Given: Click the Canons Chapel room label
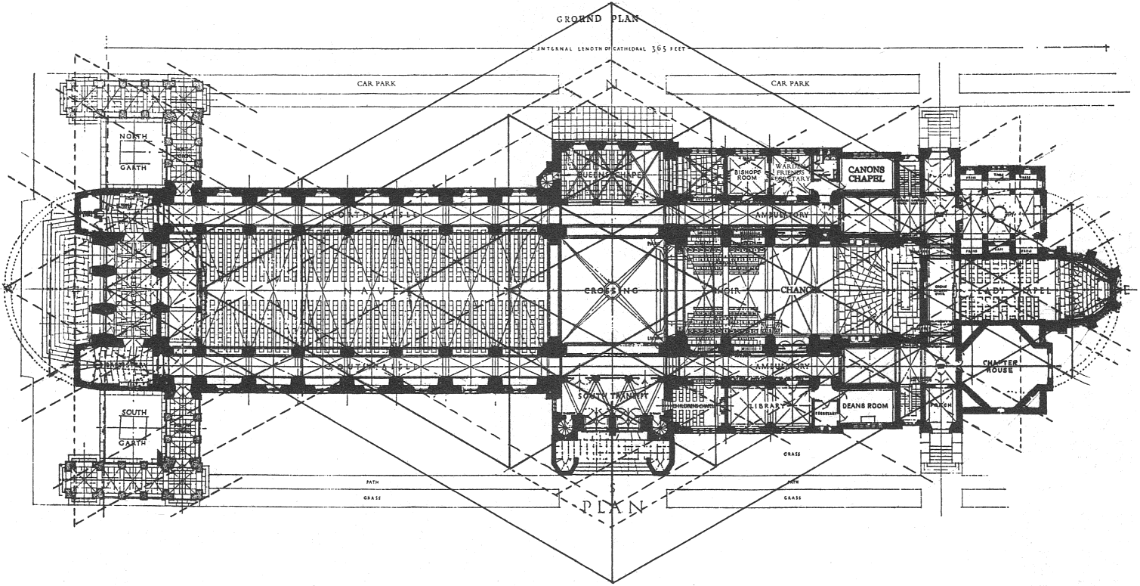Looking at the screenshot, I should pyautogui.click(x=865, y=173).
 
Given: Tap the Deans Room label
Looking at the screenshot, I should pyautogui.click(x=866, y=406).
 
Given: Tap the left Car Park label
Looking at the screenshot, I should pyautogui.click(x=376, y=84).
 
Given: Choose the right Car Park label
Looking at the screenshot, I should pyautogui.click(x=790, y=84).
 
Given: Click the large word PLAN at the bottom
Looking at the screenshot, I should pyautogui.click(x=613, y=506).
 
